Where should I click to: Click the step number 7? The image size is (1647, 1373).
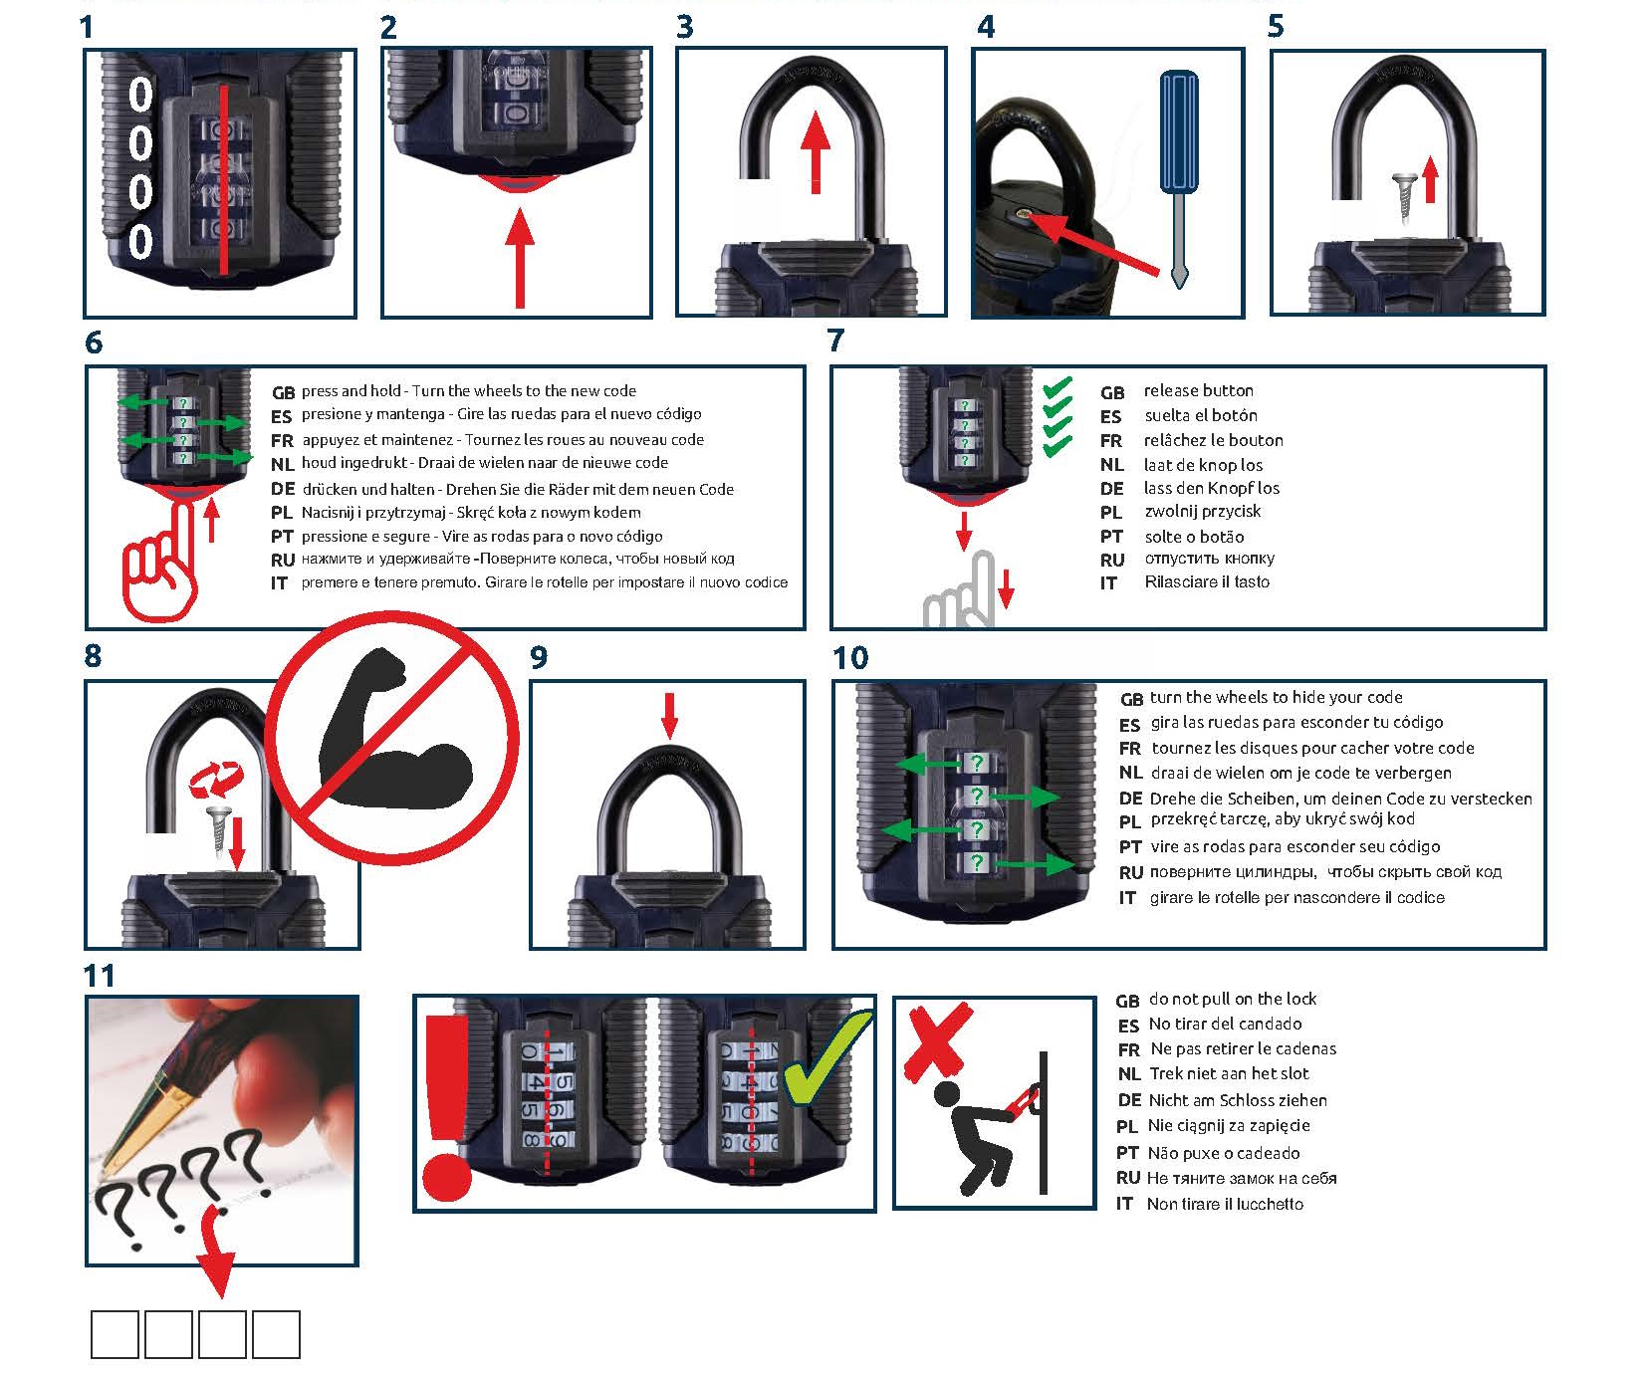[835, 342]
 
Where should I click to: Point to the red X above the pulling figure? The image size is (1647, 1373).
[937, 1040]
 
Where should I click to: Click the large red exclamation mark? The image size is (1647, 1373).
[447, 1106]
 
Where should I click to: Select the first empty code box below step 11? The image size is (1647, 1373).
[115, 1334]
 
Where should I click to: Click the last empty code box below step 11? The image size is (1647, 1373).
[276, 1334]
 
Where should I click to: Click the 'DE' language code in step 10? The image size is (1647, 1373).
[1130, 799]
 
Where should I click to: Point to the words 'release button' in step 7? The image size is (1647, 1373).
[1198, 390]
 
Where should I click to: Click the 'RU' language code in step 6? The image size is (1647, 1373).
[283, 560]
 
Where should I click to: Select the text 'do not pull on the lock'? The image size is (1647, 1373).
[1232, 999]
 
